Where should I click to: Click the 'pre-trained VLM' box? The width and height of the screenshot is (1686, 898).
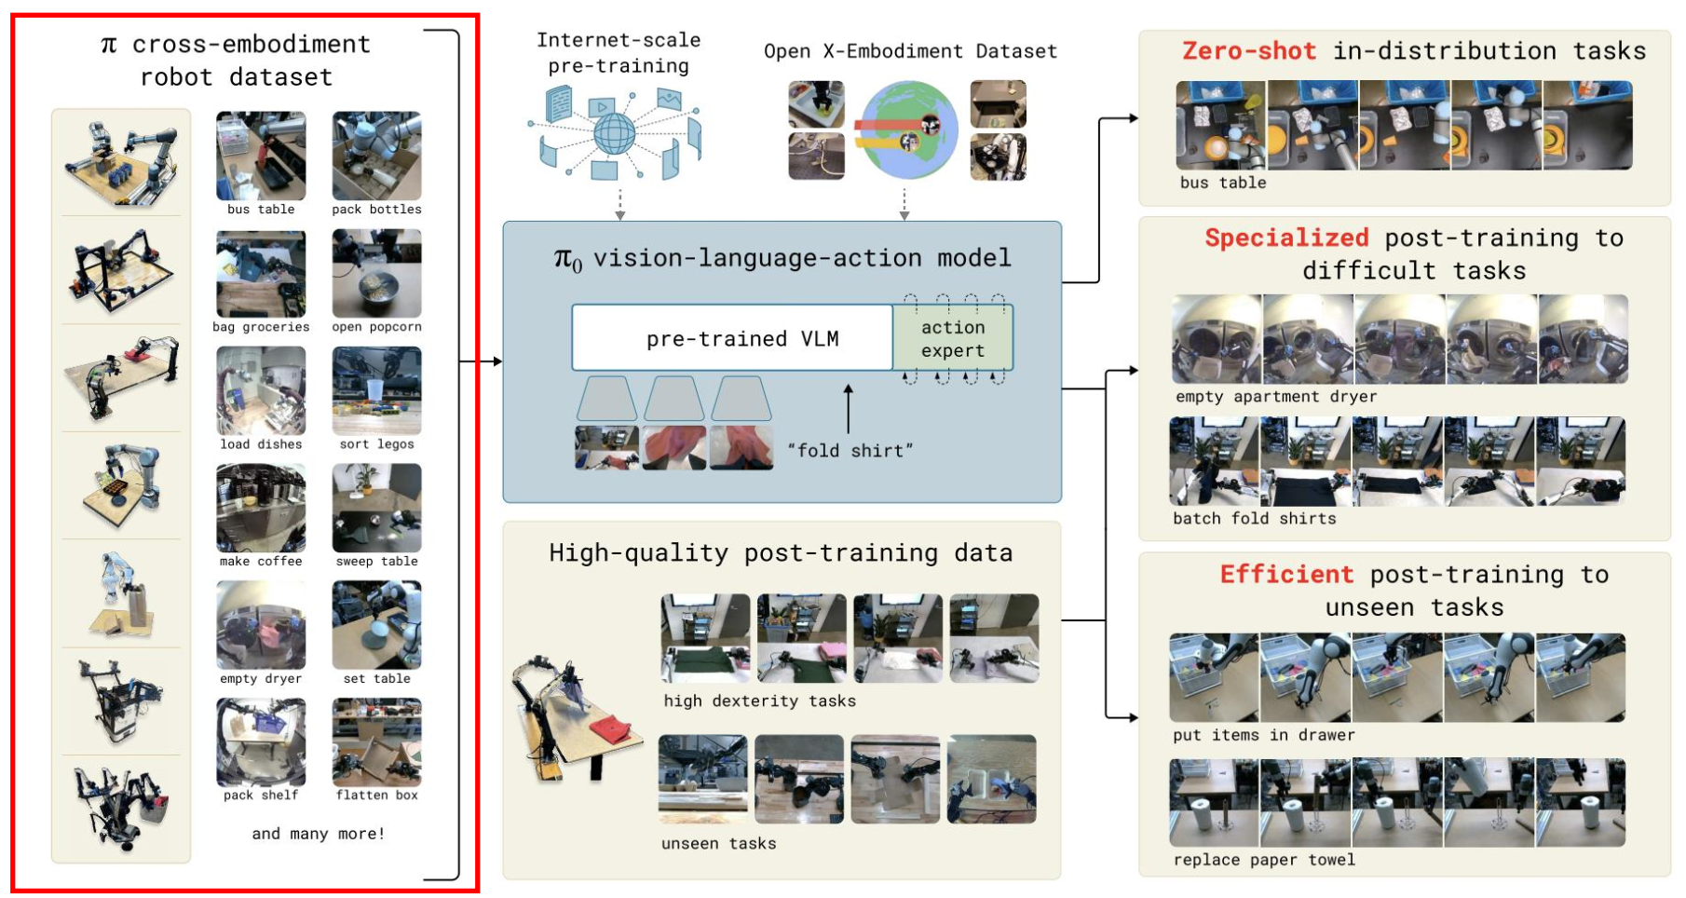pos(732,338)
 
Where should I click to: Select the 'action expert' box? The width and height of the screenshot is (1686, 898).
pos(953,338)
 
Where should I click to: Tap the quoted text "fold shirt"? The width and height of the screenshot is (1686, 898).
pos(850,451)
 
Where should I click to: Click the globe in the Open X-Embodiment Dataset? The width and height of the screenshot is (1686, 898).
pos(909,130)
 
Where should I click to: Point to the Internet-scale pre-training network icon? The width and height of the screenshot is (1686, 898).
pos(615,131)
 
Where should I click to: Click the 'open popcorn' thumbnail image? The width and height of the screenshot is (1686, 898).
pos(376,274)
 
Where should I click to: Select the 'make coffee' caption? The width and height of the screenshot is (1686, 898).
pos(261,561)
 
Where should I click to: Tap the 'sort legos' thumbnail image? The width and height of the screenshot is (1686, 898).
pos(376,391)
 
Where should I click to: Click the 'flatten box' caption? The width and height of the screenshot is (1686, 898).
pos(376,795)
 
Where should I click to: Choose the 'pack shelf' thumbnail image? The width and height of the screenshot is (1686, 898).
pos(261,742)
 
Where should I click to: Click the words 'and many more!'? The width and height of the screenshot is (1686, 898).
pos(318,834)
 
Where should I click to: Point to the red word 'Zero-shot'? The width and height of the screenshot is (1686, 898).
pos(1249,50)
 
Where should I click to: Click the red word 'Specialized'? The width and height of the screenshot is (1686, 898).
pos(1286,238)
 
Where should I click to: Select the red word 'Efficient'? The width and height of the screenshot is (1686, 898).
pos(1286,574)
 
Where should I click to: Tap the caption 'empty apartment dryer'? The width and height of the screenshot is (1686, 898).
pos(1276,397)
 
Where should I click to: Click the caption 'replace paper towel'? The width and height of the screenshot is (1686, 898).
pos(1264,860)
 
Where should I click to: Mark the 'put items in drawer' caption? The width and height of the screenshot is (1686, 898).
pos(1264,735)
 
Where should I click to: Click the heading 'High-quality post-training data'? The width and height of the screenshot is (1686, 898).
pos(781,553)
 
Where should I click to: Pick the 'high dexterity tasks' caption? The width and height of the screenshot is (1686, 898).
pos(759,701)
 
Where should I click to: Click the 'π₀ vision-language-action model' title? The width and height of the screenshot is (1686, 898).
pos(782,258)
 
